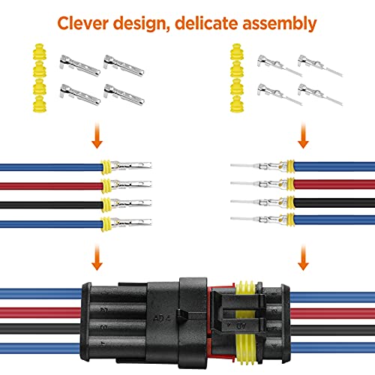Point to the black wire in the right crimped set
330,201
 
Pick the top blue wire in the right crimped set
330,166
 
